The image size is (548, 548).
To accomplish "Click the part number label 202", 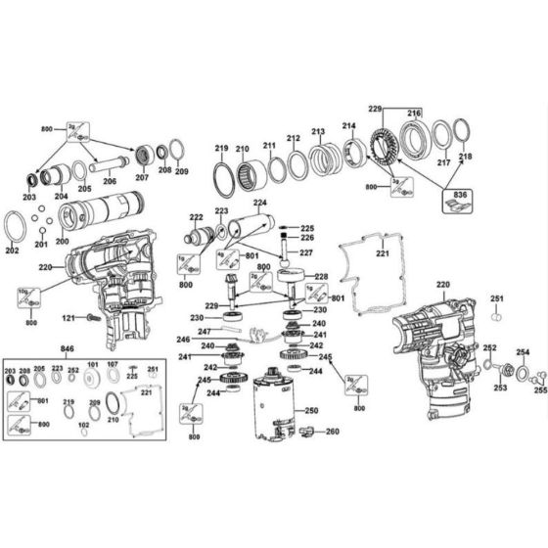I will (12, 251).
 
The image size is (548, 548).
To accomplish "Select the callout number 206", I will (110, 182).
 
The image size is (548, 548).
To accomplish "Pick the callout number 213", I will (318, 132).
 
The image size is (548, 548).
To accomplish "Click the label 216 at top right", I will (413, 114).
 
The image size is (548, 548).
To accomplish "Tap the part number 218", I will (465, 157).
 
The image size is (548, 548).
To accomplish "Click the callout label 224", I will (259, 204).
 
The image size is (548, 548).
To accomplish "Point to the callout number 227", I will (306, 253).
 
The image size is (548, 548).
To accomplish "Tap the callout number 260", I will (333, 431).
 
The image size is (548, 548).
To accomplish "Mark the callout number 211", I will (269, 146).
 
